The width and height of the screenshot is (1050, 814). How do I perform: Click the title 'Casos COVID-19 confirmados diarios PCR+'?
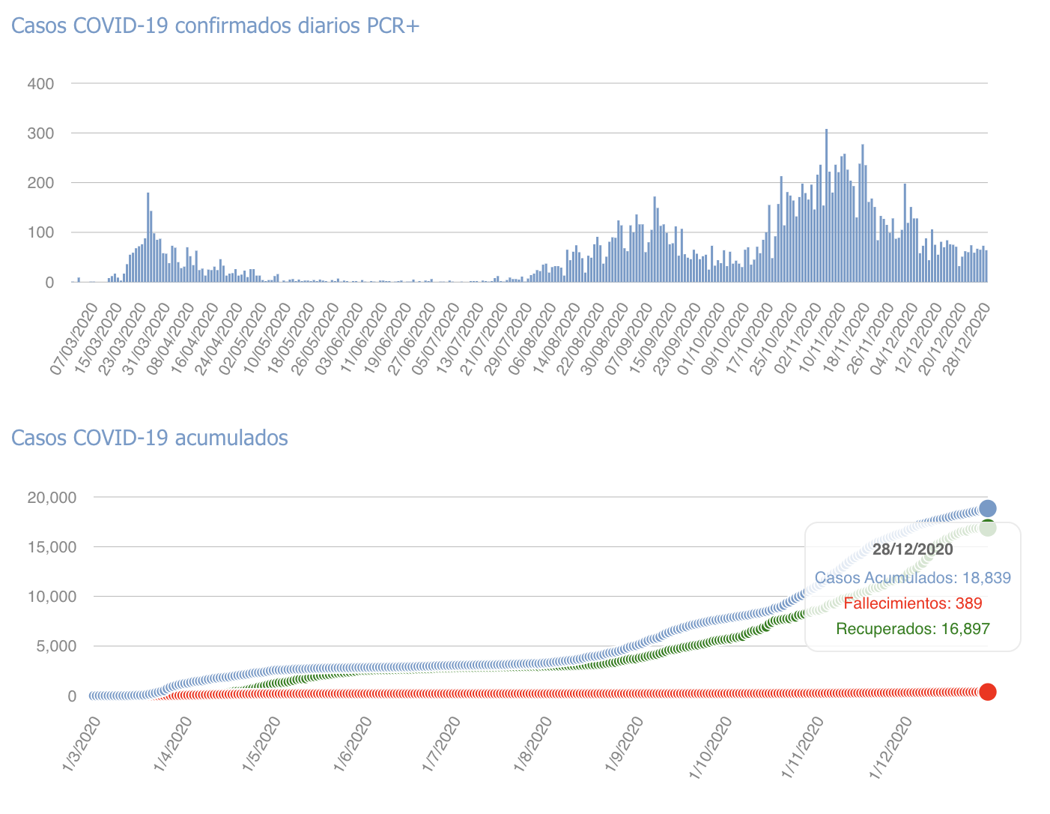[216, 25]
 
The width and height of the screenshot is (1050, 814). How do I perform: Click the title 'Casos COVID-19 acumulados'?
[150, 437]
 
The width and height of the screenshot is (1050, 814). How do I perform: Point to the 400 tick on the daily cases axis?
[40, 83]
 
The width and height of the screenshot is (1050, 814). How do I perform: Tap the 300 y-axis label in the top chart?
[40, 133]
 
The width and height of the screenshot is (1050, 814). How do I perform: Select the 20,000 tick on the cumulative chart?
[52, 498]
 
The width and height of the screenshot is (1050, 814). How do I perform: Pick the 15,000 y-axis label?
[52, 547]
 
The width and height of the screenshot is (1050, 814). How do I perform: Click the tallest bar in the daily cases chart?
[826, 206]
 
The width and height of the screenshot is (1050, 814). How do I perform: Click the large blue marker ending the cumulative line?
[987, 508]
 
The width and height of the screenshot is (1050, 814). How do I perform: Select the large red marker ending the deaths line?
[987, 692]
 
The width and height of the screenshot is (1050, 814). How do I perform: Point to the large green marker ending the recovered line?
[987, 528]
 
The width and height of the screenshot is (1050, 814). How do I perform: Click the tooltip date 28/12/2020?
[912, 549]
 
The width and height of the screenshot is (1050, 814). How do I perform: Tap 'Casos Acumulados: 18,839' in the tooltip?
[912, 578]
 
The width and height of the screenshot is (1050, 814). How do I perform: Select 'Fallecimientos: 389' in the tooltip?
[912, 603]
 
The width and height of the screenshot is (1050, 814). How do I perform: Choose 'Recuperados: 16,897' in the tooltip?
[912, 629]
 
